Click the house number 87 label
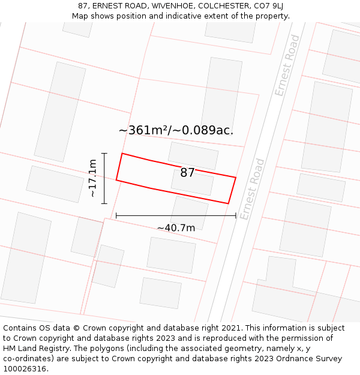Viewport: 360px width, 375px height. click(x=187, y=173)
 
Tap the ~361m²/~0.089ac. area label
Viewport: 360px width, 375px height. click(x=176, y=130)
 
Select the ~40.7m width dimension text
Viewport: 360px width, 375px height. click(x=176, y=228)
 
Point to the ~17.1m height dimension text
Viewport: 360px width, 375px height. click(x=92, y=178)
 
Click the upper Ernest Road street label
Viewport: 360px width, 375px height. click(x=287, y=65)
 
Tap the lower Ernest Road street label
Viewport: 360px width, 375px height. click(x=252, y=189)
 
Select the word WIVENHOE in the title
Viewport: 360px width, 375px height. click(x=172, y=6)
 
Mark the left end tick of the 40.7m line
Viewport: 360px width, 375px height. click(x=116, y=215)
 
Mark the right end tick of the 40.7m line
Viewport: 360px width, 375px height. click(x=236, y=215)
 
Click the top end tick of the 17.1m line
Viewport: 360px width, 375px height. click(x=104, y=154)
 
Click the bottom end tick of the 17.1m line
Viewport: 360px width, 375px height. click(x=104, y=203)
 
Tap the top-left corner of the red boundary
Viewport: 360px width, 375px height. click(x=122, y=154)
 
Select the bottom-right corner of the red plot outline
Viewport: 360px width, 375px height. click(x=228, y=203)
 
